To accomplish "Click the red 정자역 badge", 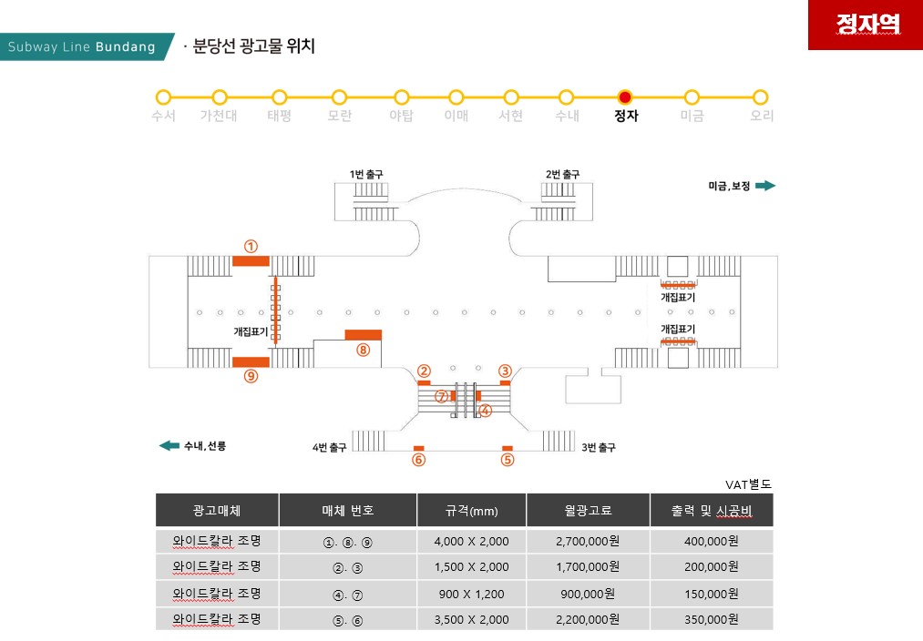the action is [x=866, y=25].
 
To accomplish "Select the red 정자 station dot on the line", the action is [x=625, y=97].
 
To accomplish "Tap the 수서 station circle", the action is [x=163, y=97].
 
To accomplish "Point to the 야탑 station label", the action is [x=401, y=116].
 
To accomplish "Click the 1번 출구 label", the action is [x=366, y=174].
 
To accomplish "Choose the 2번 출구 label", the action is [x=562, y=174].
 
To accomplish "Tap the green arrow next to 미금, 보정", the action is [x=765, y=186].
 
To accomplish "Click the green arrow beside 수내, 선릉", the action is [x=169, y=445].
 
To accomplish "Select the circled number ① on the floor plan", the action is [x=251, y=247].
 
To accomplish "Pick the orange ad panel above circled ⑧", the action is [x=364, y=335].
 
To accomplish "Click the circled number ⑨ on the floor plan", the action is [x=251, y=376].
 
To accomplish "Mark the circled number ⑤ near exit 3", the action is [x=508, y=460].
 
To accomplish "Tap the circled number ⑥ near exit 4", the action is [x=418, y=460].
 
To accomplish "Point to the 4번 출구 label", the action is [x=329, y=448].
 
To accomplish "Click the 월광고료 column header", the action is [x=588, y=511].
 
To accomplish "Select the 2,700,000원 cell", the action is [x=588, y=541].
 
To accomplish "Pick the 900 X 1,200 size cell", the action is [x=471, y=594].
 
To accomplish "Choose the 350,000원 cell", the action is [x=711, y=619].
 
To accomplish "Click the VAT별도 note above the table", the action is [x=748, y=484].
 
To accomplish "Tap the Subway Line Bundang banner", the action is [x=86, y=46].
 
